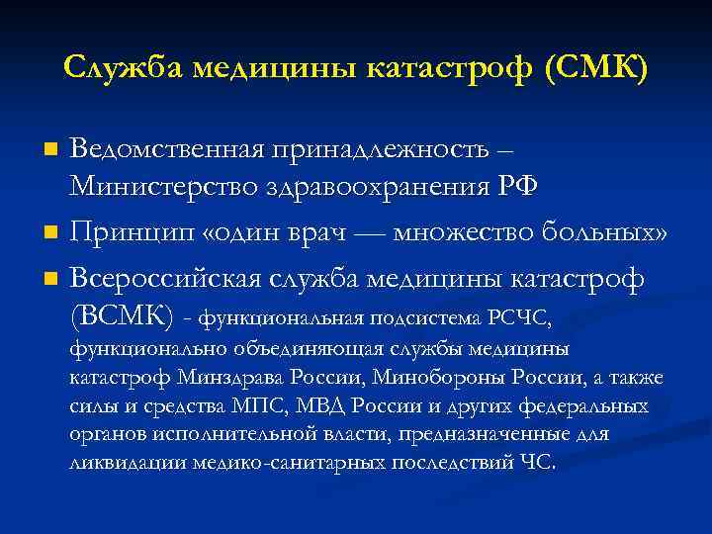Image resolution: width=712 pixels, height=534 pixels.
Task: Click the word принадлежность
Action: point(386,149)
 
